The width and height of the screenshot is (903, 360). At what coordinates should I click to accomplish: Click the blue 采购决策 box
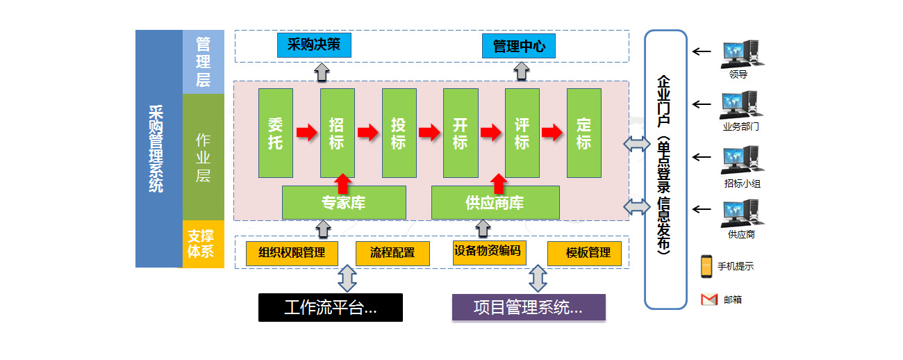[x=314, y=45]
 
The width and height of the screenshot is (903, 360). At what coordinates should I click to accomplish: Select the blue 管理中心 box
[x=519, y=47]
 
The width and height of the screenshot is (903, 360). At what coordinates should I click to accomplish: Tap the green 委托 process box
[x=275, y=133]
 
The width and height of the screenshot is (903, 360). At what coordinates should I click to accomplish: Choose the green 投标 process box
[x=399, y=133]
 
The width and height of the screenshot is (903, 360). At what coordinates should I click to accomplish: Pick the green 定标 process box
[x=583, y=133]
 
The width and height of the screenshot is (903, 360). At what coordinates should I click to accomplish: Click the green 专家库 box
[x=344, y=203]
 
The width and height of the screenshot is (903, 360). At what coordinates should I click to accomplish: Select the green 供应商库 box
[x=495, y=203]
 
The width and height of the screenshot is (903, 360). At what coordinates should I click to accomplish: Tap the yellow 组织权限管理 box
[x=292, y=253]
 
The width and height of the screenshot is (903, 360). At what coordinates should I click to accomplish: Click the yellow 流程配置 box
[x=392, y=253]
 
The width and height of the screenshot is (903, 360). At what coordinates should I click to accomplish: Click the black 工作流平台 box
[x=331, y=307]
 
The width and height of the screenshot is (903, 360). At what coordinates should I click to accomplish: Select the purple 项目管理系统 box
[x=529, y=307]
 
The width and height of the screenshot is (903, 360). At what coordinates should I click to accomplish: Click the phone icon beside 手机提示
[x=706, y=265]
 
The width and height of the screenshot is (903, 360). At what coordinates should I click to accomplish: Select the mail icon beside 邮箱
[x=709, y=300]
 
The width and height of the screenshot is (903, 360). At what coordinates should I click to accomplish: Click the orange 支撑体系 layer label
[x=203, y=244]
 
